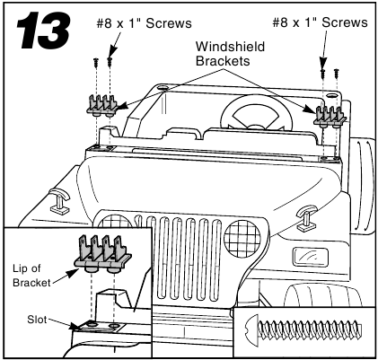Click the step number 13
click(x=44, y=30)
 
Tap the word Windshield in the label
click(x=230, y=47)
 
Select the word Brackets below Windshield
click(x=223, y=61)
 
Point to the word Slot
click(x=37, y=320)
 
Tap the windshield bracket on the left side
click(x=101, y=105)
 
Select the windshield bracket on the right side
click(x=330, y=117)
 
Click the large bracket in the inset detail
click(x=102, y=254)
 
